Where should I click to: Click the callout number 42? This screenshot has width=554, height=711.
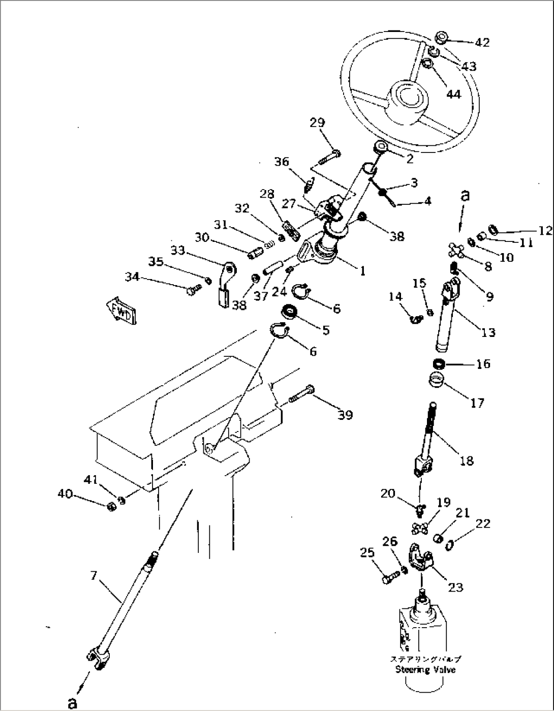[481, 42]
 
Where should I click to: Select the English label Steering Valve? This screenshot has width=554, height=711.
[425, 669]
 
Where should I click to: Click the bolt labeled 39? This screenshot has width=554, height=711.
[302, 395]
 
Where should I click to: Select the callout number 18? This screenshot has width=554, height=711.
[466, 460]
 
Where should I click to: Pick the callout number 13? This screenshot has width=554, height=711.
[488, 332]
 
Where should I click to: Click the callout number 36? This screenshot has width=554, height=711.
[282, 162]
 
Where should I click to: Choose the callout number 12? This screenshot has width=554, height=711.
[545, 231]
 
